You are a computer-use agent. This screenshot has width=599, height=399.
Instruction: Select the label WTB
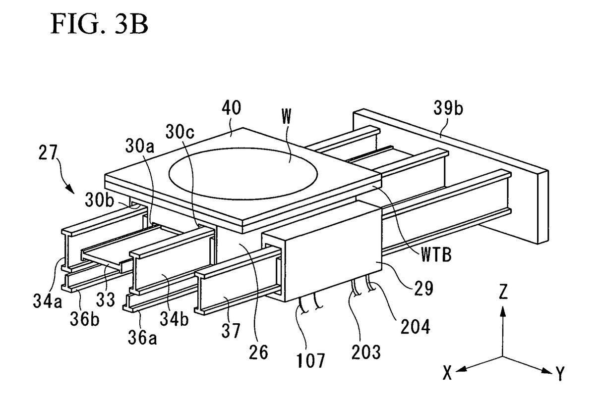436,255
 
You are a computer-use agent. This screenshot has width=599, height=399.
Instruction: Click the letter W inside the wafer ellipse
286,116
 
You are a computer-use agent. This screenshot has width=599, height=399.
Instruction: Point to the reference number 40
232,107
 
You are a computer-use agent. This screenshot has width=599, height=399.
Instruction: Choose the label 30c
180,132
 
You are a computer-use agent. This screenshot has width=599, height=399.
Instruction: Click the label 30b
100,200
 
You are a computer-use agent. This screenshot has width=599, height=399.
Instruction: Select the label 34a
48,301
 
